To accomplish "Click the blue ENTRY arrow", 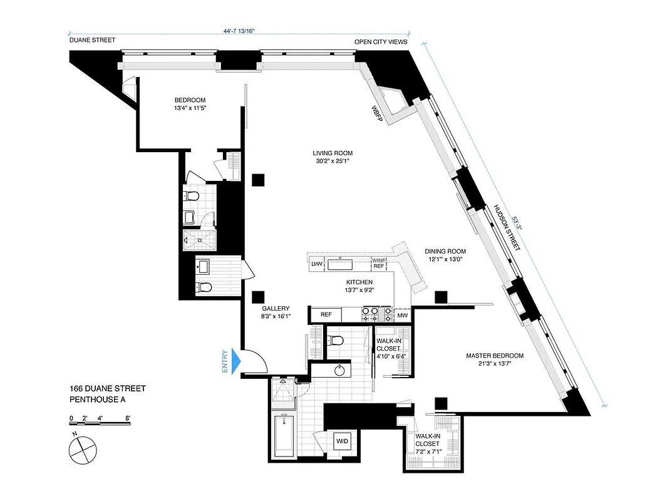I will pyautogui.click(x=236, y=361).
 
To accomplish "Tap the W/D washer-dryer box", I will pyautogui.click(x=343, y=440).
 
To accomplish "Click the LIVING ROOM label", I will pyautogui.click(x=333, y=153).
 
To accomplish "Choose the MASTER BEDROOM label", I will pyautogui.click(x=494, y=356).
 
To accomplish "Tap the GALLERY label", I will pyautogui.click(x=276, y=308).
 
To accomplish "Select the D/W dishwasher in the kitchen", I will pyautogui.click(x=317, y=264).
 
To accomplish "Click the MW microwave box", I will pyautogui.click(x=403, y=315).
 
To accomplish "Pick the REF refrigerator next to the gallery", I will pyautogui.click(x=326, y=315).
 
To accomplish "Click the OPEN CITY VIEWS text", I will pyautogui.click(x=381, y=43).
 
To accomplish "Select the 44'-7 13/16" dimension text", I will pyautogui.click(x=239, y=30).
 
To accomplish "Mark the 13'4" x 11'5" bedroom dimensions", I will pyautogui.click(x=190, y=108).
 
